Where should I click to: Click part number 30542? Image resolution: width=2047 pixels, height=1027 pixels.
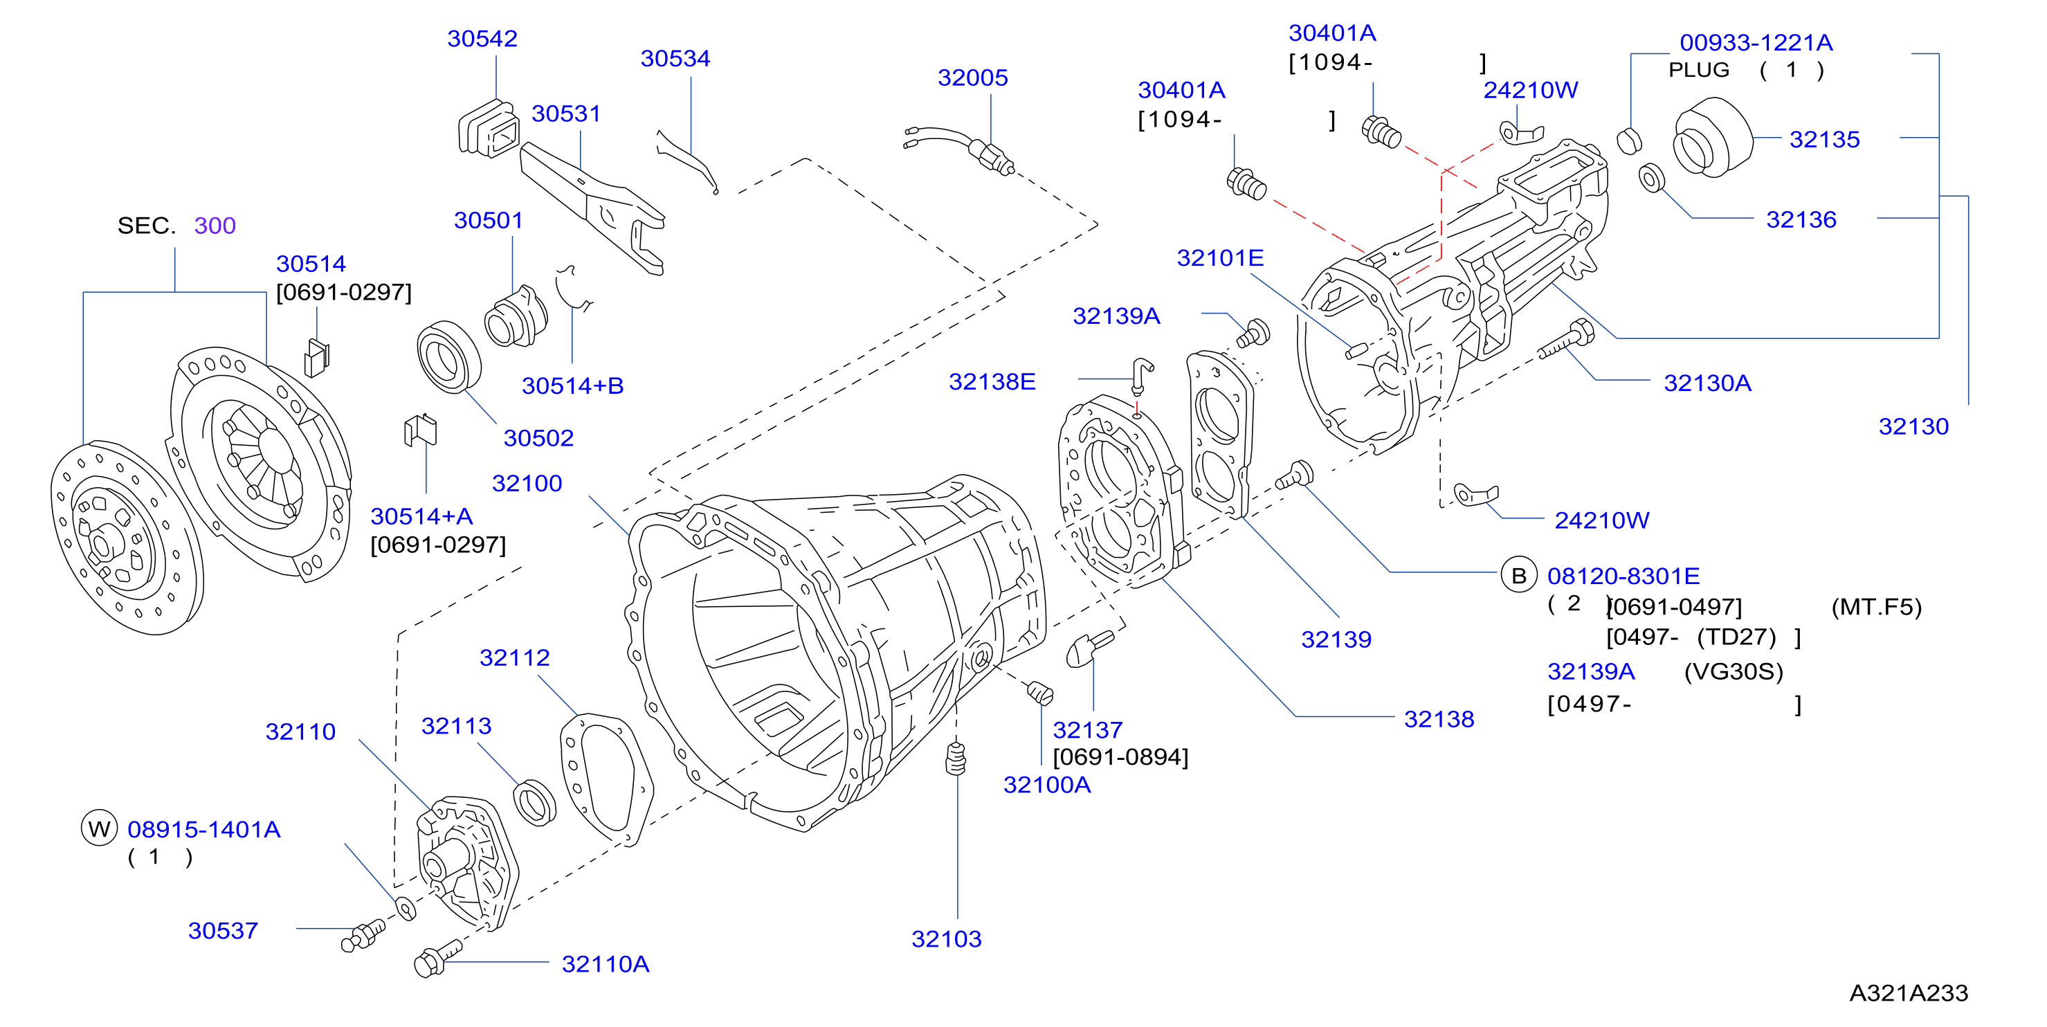point(482,38)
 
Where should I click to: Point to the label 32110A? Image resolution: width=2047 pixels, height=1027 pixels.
point(605,963)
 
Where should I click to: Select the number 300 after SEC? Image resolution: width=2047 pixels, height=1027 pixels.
point(215,225)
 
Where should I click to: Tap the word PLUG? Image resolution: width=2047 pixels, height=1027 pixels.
point(1698,70)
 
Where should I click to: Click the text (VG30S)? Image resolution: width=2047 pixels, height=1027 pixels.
point(1733,672)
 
